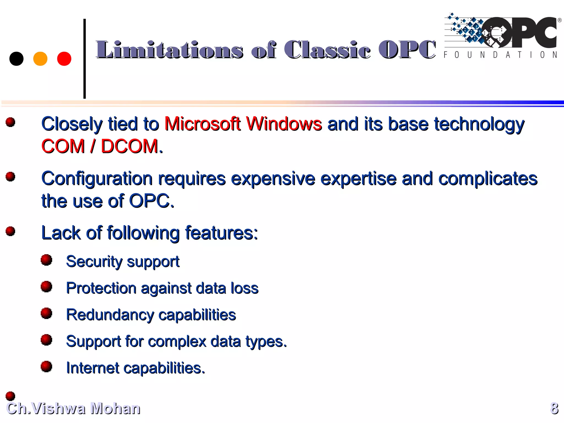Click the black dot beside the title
click(x=16, y=59)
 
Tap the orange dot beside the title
click(x=40, y=59)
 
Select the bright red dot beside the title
click(x=64, y=59)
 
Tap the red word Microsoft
click(x=202, y=124)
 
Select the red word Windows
click(x=284, y=124)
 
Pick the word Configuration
click(x=97, y=179)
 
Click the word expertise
click(x=358, y=179)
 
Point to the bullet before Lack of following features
click(x=10, y=231)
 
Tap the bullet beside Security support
click(x=46, y=260)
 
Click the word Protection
click(x=101, y=288)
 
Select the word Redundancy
click(x=110, y=315)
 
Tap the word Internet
click(x=93, y=368)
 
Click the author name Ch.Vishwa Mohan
click(x=73, y=408)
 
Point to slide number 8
click(x=554, y=408)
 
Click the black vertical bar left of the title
click(x=85, y=59)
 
